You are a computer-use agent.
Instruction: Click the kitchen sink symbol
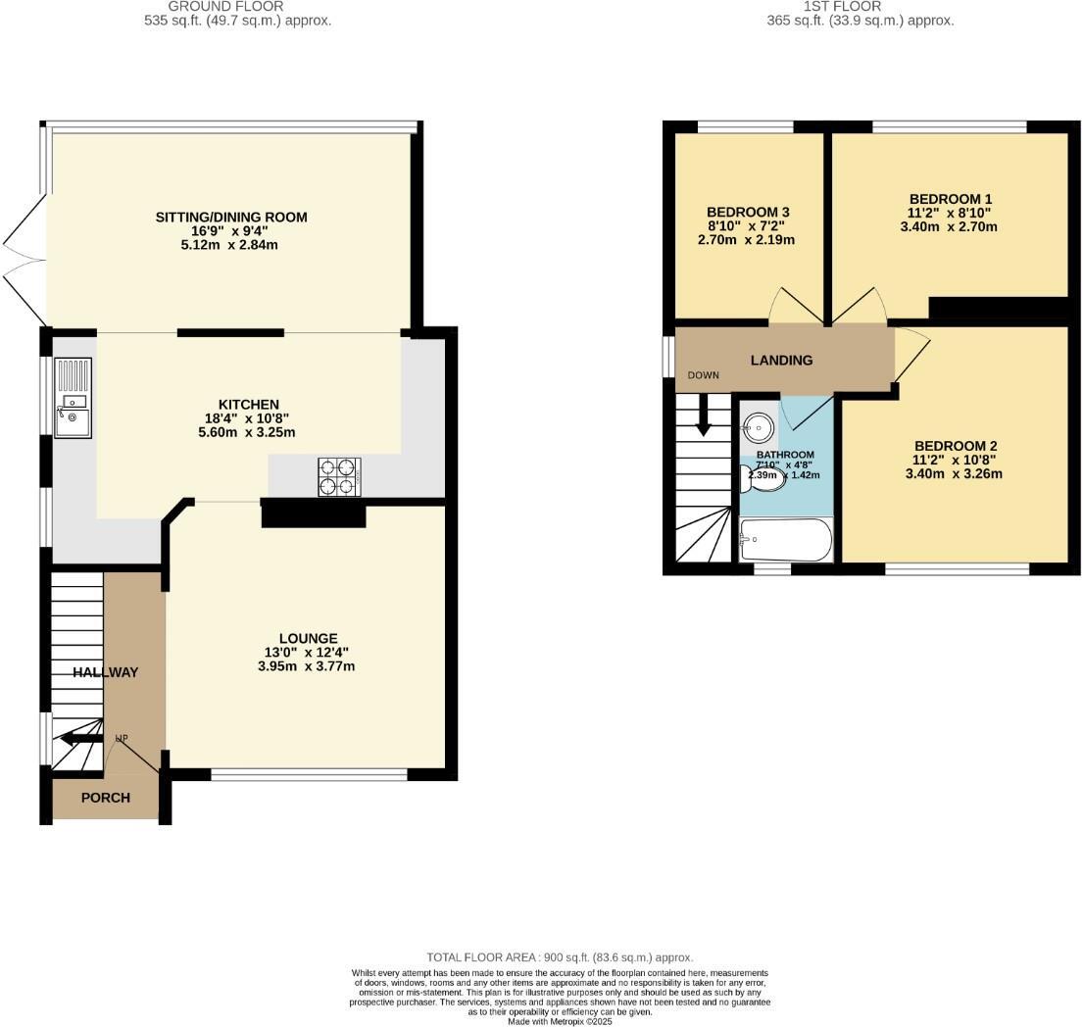pyautogui.click(x=74, y=399)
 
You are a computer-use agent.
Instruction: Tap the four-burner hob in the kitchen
pyautogui.click(x=339, y=477)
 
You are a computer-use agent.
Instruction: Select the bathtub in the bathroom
pyautogui.click(x=786, y=540)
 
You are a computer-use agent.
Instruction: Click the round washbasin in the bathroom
pyautogui.click(x=759, y=427)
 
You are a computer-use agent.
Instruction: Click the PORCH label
pyautogui.click(x=105, y=798)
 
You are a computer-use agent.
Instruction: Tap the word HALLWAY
pyautogui.click(x=105, y=672)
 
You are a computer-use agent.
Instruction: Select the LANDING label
pyautogui.click(x=781, y=360)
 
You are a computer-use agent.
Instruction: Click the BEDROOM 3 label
pyautogui.click(x=748, y=212)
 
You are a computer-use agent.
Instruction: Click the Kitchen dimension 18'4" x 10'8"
pyautogui.click(x=249, y=418)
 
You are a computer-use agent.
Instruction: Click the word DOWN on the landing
pyautogui.click(x=703, y=375)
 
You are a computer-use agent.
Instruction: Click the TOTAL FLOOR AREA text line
pyautogui.click(x=560, y=957)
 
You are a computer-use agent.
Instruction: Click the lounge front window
pyautogui.click(x=309, y=775)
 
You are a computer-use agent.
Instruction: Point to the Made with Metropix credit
pyautogui.click(x=560, y=1021)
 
